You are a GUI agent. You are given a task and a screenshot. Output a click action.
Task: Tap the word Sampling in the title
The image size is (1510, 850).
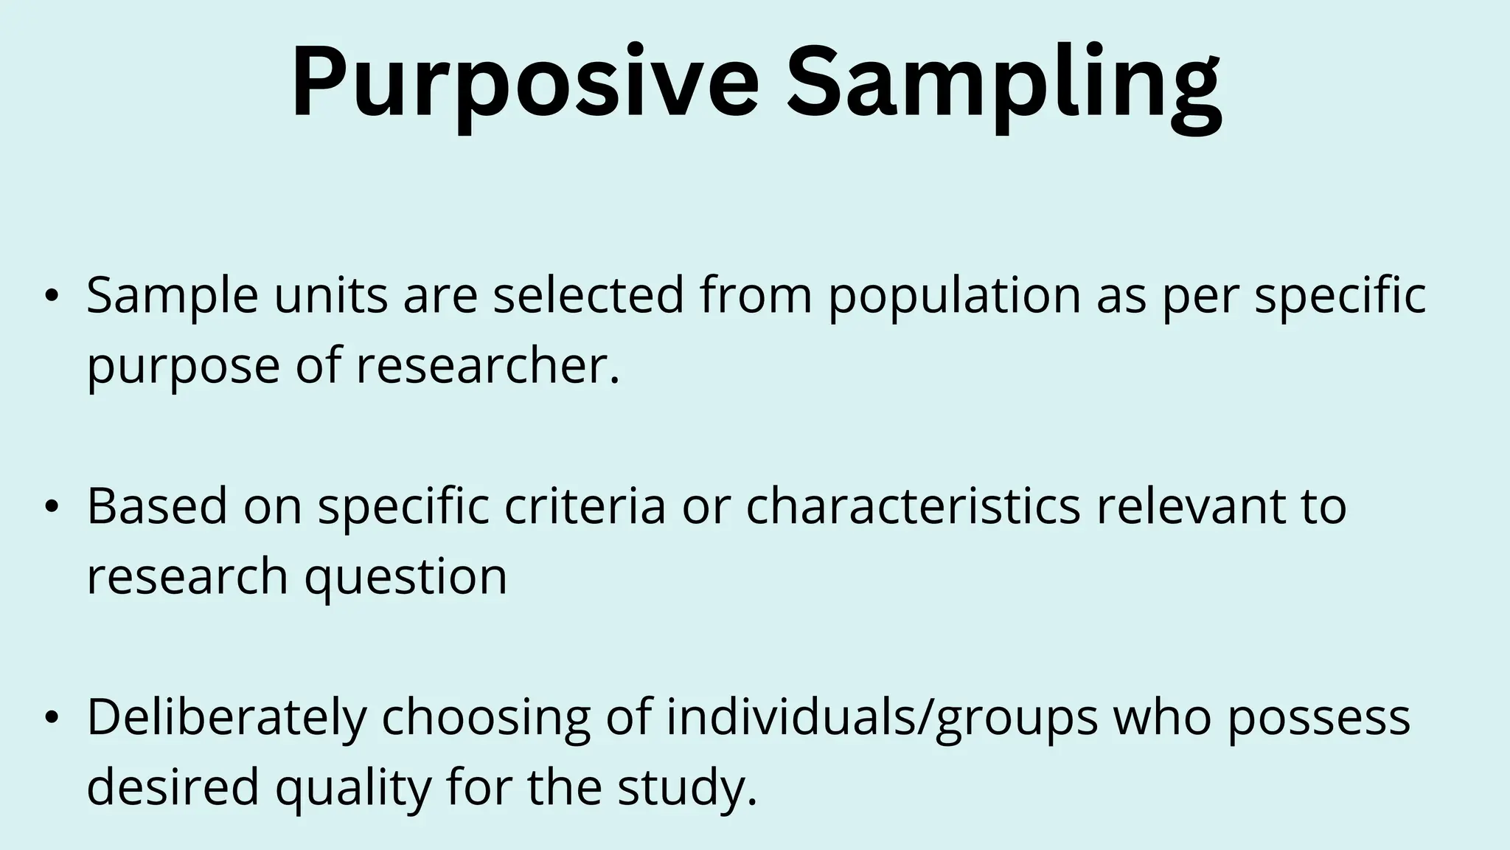click(1003, 83)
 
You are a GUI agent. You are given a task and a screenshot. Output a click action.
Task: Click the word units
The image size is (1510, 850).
click(330, 295)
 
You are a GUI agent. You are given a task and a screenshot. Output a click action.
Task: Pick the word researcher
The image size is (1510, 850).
click(487, 366)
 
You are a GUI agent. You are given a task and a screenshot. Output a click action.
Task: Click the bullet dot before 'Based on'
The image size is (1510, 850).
click(50, 508)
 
